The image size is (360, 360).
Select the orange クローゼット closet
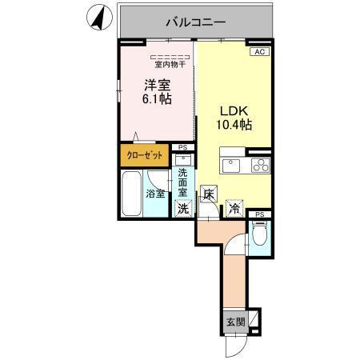pos(145,154)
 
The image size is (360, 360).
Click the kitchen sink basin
pos(232,166)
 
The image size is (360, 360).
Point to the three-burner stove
pos(261,166)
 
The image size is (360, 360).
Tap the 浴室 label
pos(154,194)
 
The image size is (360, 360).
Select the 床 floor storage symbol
pos(208,193)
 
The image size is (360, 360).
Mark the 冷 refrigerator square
pos(235,208)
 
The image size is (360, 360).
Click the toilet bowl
pos(258,234)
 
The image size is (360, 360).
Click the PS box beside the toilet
pos(259,214)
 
